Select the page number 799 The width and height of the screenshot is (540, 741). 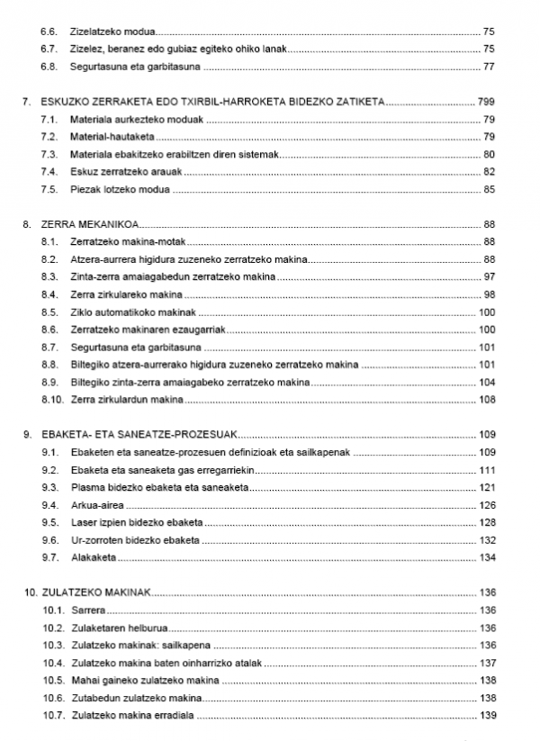coord(487,102)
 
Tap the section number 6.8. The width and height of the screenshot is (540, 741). coord(49,67)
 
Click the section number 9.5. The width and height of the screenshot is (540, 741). coord(49,522)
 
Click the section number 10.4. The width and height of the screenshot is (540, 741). coord(52,664)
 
